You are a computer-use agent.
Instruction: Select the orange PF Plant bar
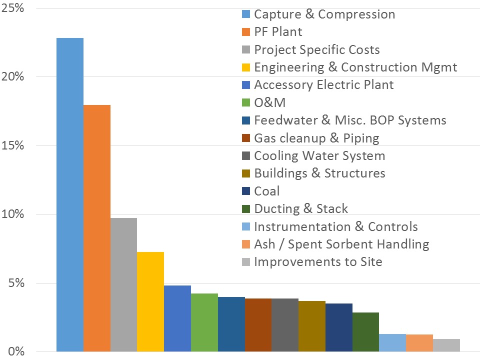click(x=97, y=227)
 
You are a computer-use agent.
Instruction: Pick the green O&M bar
click(x=204, y=322)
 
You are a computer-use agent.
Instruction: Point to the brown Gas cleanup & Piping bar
click(x=258, y=324)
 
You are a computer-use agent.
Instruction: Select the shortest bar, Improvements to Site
click(x=446, y=345)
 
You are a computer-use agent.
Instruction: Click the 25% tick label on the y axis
click(x=14, y=8)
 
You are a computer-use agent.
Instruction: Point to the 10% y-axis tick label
click(x=14, y=214)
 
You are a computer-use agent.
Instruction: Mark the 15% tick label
click(x=14, y=146)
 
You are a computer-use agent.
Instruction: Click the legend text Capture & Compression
click(x=324, y=14)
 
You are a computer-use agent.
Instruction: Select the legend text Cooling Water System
click(x=319, y=155)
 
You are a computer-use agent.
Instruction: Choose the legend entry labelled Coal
click(x=267, y=191)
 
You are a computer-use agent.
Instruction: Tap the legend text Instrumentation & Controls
click(x=335, y=226)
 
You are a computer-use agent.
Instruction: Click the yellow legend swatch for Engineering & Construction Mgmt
click(x=244, y=67)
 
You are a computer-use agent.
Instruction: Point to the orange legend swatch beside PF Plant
click(x=244, y=32)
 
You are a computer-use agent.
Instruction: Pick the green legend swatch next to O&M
click(x=244, y=103)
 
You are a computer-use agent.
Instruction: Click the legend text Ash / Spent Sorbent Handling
click(x=341, y=244)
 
